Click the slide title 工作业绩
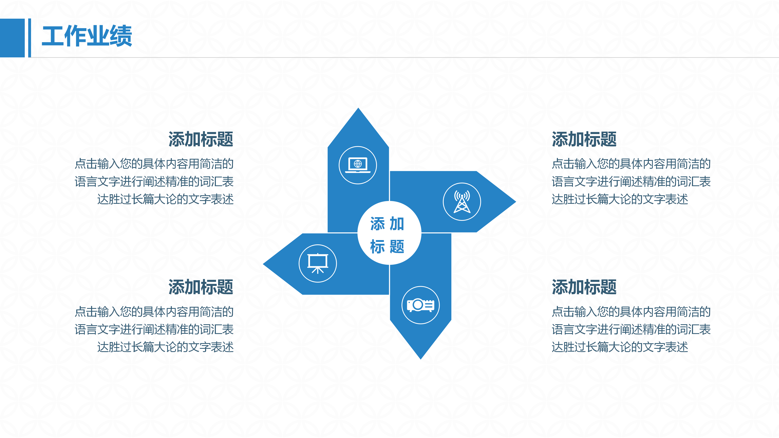pyautogui.click(x=87, y=36)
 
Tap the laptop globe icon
pyautogui.click(x=358, y=165)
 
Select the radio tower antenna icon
pyautogui.click(x=462, y=202)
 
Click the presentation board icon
pyautogui.click(x=317, y=263)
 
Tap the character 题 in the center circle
pyautogui.click(x=397, y=246)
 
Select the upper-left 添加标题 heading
pyautogui.click(x=201, y=139)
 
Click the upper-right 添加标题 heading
pyautogui.click(x=584, y=139)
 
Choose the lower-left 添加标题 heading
pyautogui.click(x=201, y=287)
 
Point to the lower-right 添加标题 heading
pyautogui.click(x=584, y=287)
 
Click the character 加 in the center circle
pyautogui.click(x=397, y=224)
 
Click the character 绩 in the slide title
pyautogui.click(x=121, y=36)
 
